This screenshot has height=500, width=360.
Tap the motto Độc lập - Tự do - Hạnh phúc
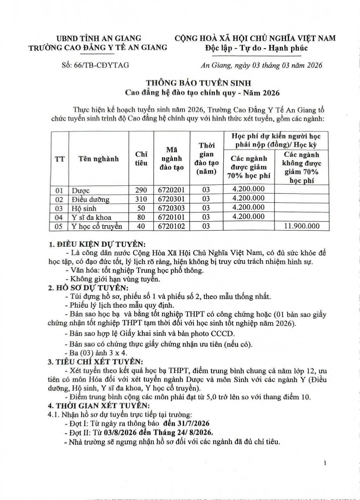pyautogui.click(x=255, y=48)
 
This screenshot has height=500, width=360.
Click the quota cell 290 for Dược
pyautogui.click(x=141, y=190)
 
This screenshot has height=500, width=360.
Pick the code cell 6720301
pyautogui.click(x=172, y=199)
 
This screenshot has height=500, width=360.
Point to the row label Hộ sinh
pyautogui.click(x=84, y=209)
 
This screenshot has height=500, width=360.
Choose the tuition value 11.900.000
pyautogui.click(x=302, y=226)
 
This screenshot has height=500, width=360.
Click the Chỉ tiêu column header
pyautogui.click(x=141, y=158)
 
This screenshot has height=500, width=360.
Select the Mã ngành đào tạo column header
pyautogui.click(x=172, y=158)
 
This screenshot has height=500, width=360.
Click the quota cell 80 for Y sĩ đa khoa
pyautogui.click(x=141, y=217)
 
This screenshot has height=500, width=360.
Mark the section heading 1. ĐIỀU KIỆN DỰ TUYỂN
pyautogui.click(x=97, y=244)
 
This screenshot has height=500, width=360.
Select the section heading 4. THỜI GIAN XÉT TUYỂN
pyautogui.click(x=99, y=406)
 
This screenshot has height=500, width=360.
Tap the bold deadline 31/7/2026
pyautogui.click(x=195, y=423)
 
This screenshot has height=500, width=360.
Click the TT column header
pyautogui.click(x=60, y=159)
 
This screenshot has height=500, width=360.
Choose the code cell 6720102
pyautogui.click(x=172, y=226)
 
